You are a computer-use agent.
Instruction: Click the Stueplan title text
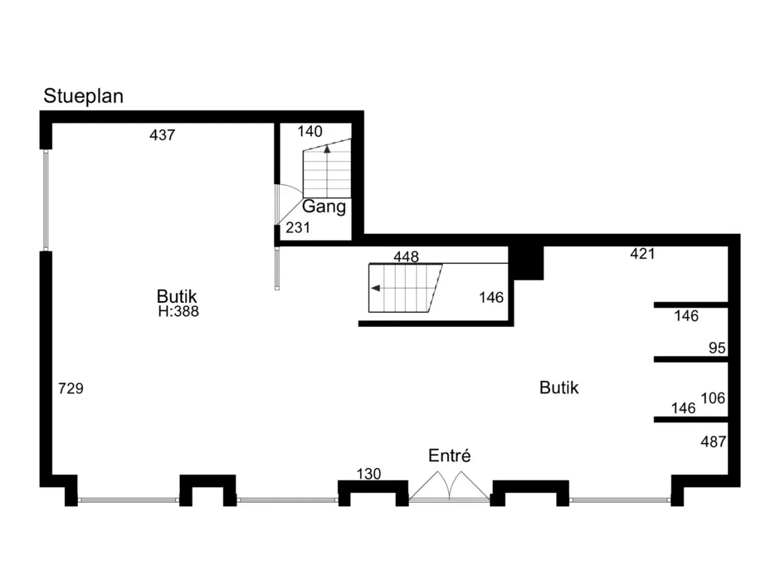pyautogui.click(x=83, y=96)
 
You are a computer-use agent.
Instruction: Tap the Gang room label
pyautogui.click(x=324, y=207)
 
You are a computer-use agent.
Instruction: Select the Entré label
pyautogui.click(x=449, y=455)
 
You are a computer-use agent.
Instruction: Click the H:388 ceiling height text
pyautogui.click(x=179, y=311)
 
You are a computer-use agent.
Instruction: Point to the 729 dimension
pyautogui.click(x=71, y=389)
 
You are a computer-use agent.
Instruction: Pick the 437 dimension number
pyautogui.click(x=162, y=135)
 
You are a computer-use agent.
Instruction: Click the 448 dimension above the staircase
pyautogui.click(x=406, y=257)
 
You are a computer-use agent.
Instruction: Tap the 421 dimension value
pyautogui.click(x=642, y=253)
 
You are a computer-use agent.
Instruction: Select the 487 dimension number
pyautogui.click(x=713, y=442)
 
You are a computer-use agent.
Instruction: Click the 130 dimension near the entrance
pyautogui.click(x=369, y=474)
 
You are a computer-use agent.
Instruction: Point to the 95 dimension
pyautogui.click(x=717, y=348)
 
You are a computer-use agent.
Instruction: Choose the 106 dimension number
pyautogui.click(x=713, y=398)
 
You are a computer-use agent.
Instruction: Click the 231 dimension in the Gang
pyautogui.click(x=298, y=228)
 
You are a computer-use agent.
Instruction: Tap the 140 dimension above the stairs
pyautogui.click(x=310, y=132)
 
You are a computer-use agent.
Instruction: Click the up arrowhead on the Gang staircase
pyautogui.click(x=327, y=149)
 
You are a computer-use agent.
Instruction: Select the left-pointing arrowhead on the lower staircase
pyautogui.click(x=375, y=288)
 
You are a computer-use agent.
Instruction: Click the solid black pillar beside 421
pyautogui.click(x=526, y=263)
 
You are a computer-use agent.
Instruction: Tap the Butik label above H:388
pyautogui.click(x=177, y=296)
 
